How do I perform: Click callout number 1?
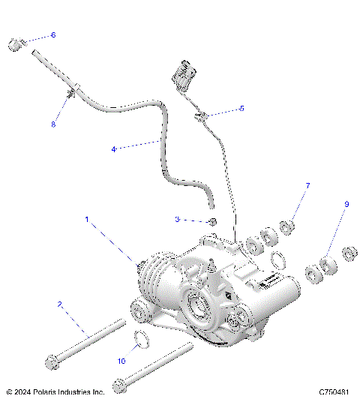[x=87, y=220]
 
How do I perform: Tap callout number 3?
[x=177, y=220]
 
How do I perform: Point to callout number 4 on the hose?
[x=113, y=149]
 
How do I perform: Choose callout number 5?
[x=241, y=109]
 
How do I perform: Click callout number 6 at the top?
[x=52, y=35]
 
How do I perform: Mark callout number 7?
[x=307, y=184]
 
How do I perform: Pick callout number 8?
[x=52, y=124]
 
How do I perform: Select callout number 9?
[x=346, y=204]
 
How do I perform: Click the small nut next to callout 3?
[x=213, y=221]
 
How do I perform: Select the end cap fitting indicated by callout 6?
[x=13, y=44]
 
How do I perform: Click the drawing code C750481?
[x=335, y=392]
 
